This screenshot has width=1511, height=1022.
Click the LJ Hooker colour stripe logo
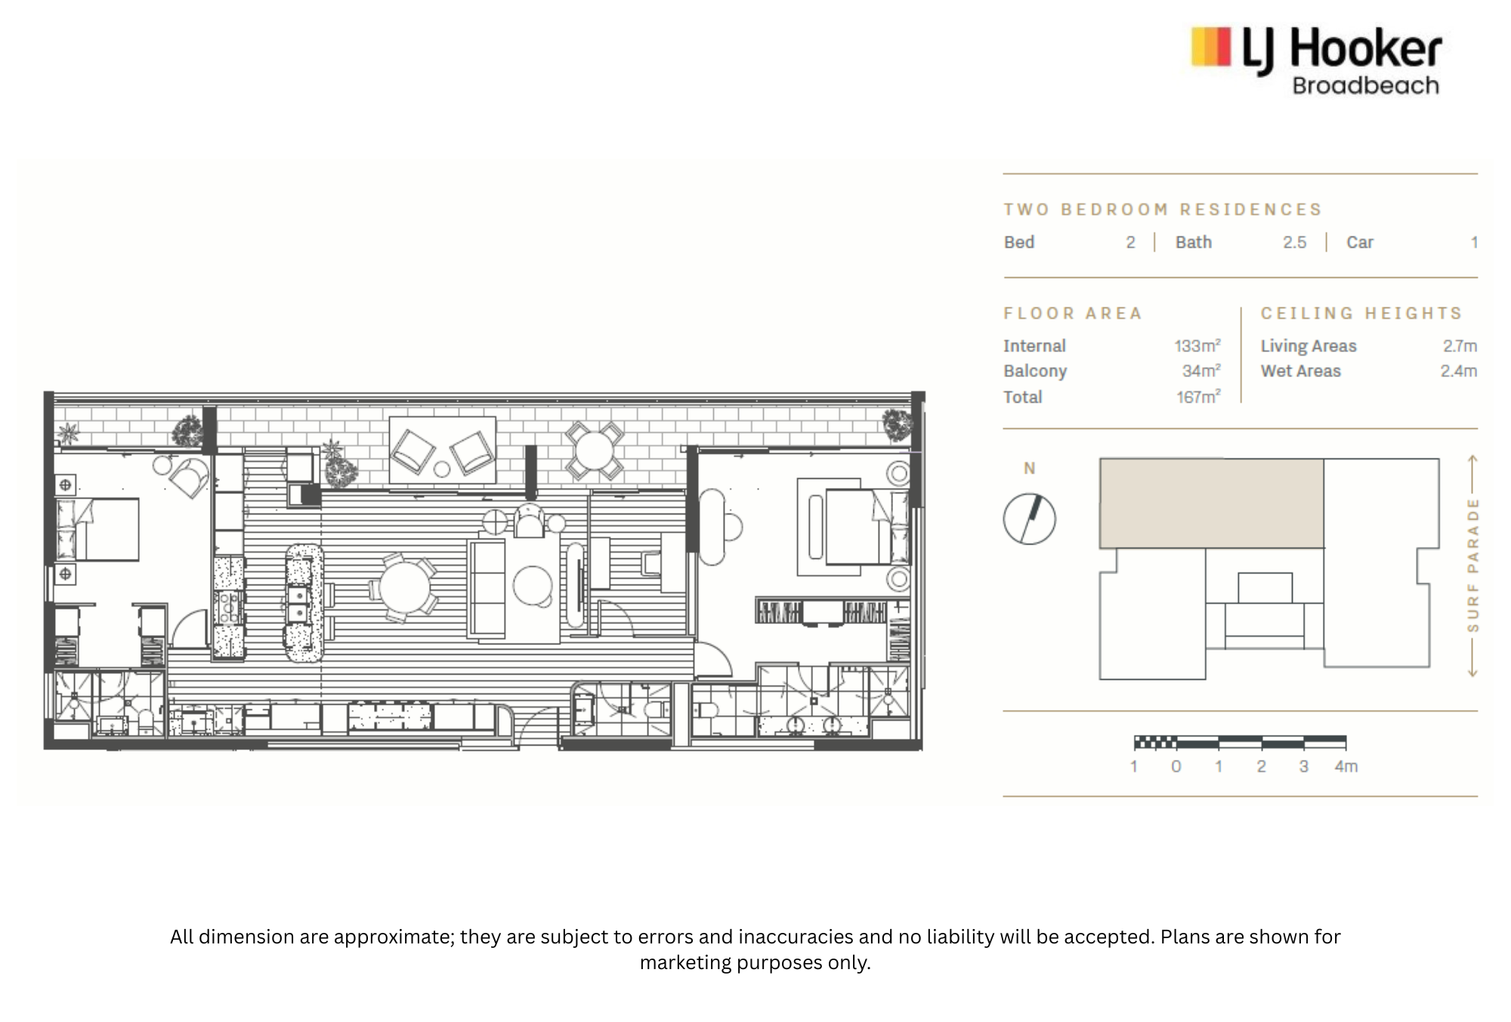point(1211,48)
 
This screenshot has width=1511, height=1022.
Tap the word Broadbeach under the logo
point(1365,85)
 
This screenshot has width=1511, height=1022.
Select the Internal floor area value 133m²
point(1197,346)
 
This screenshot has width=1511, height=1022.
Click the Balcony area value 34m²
point(1201,371)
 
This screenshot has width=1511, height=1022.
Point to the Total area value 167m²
point(1198,397)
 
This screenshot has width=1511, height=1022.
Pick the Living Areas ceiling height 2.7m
point(1460,346)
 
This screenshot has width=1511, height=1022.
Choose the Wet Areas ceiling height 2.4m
point(1459,371)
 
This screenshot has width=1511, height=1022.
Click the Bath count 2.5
point(1294,242)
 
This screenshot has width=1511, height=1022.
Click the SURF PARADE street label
point(1472,565)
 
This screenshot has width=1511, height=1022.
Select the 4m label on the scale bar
point(1346,767)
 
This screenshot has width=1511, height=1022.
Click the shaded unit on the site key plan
point(1211,503)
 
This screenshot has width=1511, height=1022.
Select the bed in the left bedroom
point(97,529)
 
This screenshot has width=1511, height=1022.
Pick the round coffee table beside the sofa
point(533,585)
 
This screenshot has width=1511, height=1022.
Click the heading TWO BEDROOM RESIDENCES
point(1163,209)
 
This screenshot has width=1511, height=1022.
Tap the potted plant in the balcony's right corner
point(898,425)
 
